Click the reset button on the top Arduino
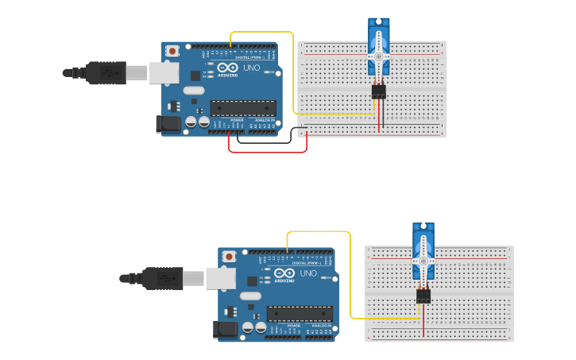[x=172, y=51]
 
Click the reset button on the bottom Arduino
[x=229, y=257]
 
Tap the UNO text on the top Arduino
[x=251, y=68]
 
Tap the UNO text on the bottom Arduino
[x=308, y=273]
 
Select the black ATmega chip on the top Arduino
[x=243, y=108]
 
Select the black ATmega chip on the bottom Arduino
[x=300, y=314]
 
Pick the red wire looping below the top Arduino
[x=266, y=152]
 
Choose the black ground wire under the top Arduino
[x=262, y=143]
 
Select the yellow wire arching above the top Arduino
[x=262, y=33]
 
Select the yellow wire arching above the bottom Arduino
[x=318, y=232]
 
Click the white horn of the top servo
[x=379, y=57]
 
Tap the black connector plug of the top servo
[x=379, y=91]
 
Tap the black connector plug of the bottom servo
[x=423, y=296]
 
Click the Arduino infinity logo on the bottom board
[x=284, y=273]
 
